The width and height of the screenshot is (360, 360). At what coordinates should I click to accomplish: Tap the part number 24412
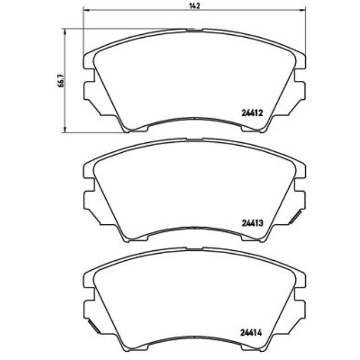[251, 111]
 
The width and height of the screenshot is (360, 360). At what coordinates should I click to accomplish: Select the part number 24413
[251, 224]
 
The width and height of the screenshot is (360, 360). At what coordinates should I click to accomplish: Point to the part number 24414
[251, 334]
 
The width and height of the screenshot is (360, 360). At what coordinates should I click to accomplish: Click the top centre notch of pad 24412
[193, 30]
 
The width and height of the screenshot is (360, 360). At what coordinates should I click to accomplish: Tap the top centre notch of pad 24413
[193, 139]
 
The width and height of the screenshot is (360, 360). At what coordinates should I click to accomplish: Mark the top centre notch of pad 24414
[193, 248]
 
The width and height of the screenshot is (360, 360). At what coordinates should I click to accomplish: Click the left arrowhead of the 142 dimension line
[85, 9]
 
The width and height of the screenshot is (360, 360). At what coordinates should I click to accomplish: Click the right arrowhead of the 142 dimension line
[302, 9]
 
